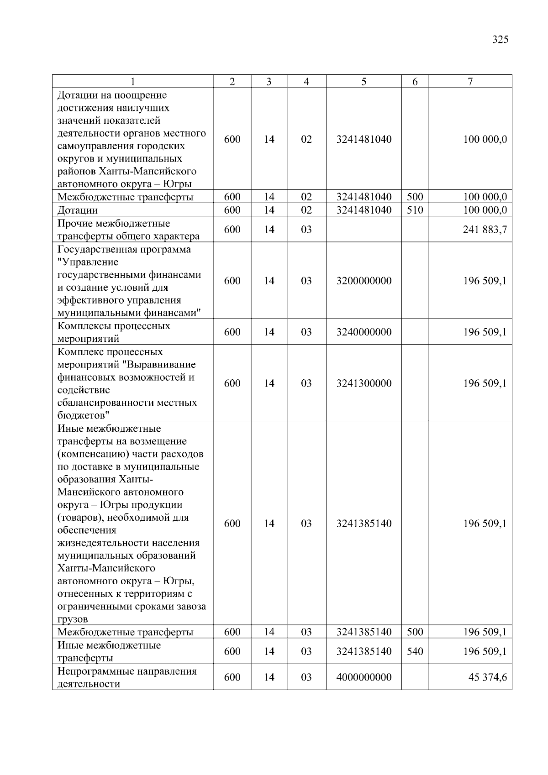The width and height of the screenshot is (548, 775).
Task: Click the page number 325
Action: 500,40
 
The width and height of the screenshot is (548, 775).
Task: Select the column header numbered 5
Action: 364,82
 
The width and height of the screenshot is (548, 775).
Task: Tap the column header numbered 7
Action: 470,82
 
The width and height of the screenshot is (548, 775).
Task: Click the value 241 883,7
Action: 485,230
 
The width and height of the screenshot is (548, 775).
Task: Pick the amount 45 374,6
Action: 487,677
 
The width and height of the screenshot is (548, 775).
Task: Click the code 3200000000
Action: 364,281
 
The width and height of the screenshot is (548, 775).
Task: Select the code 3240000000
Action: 364,332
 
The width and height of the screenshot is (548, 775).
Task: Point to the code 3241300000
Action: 364,383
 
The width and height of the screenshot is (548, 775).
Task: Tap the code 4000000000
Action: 364,677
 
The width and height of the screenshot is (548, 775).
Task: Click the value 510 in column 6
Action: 415,210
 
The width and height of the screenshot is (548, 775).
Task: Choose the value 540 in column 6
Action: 415,652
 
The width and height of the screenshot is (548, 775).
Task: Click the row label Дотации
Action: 78,210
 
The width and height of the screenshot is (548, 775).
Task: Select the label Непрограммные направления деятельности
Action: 127,677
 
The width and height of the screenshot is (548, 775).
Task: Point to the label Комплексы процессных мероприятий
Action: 114,332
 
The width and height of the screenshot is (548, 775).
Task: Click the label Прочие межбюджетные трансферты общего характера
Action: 128,230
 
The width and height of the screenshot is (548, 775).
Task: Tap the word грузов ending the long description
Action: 73,620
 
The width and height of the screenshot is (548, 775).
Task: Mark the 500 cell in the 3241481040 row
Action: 415,197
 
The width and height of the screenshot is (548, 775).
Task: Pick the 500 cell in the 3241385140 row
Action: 415,632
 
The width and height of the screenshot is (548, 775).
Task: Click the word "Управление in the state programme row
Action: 88,262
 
